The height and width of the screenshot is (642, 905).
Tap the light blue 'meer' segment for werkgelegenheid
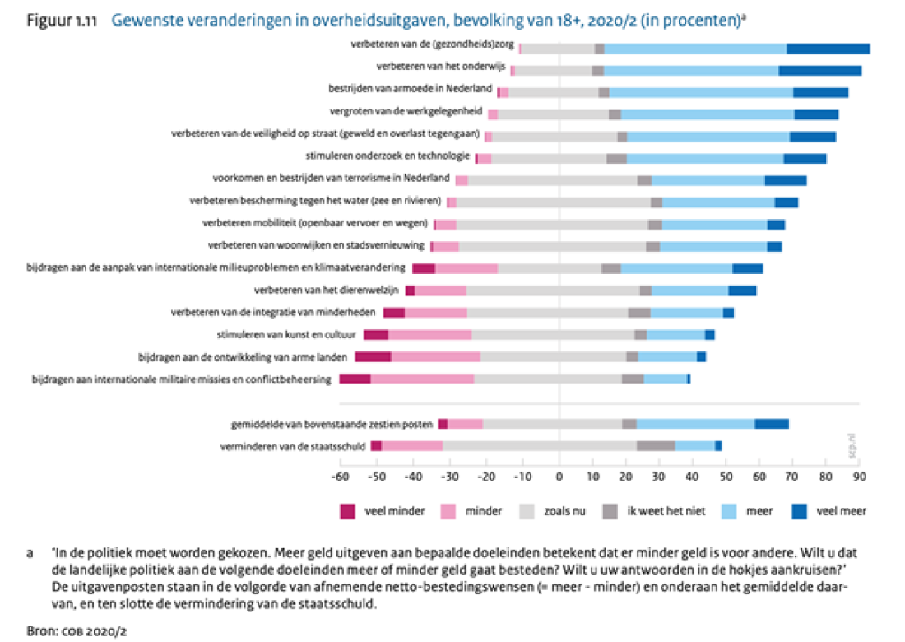tap(708, 114)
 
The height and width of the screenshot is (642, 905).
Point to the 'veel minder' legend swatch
tap(348, 511)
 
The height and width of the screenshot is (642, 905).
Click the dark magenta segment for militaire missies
tap(355, 379)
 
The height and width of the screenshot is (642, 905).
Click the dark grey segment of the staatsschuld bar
tap(656, 446)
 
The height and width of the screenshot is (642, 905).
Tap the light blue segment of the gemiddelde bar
tap(695, 424)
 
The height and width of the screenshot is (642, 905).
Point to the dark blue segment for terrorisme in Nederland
tap(785, 179)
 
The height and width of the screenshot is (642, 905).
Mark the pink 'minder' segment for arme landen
tap(435, 356)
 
